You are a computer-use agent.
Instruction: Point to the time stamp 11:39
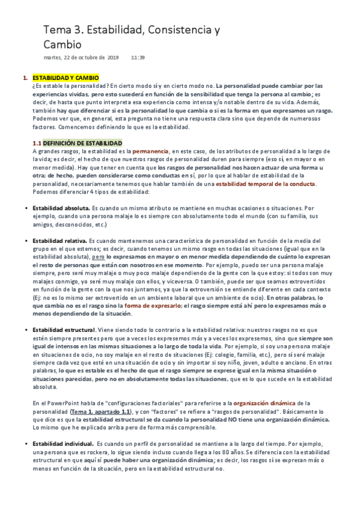(x=138, y=58)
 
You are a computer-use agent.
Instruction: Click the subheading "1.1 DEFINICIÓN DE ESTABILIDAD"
(x=77, y=143)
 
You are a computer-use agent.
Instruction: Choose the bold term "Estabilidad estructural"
(x=64, y=330)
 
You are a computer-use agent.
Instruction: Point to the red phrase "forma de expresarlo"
(x=153, y=306)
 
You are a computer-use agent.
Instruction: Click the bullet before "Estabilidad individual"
(x=25, y=443)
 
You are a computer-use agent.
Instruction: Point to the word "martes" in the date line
(x=52, y=58)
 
